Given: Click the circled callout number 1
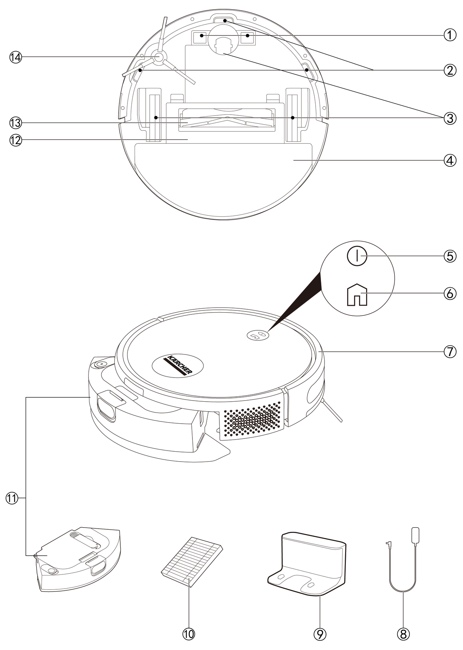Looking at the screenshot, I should [x=450, y=35].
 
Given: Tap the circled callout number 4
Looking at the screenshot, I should [x=450, y=160].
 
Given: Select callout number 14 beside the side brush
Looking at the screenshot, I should [x=16, y=57].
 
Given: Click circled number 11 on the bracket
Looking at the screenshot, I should [x=12, y=498].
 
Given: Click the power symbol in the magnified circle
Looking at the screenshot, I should [x=357, y=256].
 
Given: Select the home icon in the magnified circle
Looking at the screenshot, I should [x=357, y=294].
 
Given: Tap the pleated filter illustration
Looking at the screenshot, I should [x=192, y=561].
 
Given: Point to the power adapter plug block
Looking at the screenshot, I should [x=415, y=535].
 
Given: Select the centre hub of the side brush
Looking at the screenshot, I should [x=158, y=57].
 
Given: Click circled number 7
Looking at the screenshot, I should [x=450, y=352].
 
